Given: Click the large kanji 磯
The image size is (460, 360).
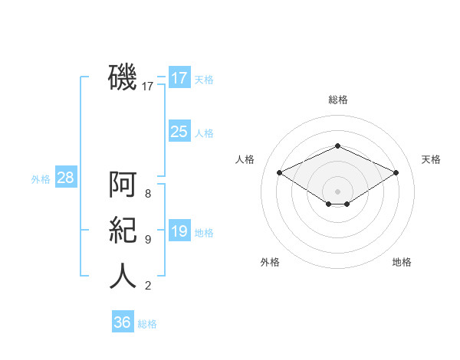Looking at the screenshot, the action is pyautogui.click(x=123, y=77).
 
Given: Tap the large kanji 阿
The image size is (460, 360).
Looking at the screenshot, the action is pyautogui.click(x=123, y=184).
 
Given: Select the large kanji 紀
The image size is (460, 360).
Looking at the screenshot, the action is pyautogui.click(x=123, y=230).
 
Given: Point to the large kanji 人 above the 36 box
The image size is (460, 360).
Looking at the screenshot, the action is pyautogui.click(x=123, y=276).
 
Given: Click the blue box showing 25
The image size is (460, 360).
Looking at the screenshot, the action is pyautogui.click(x=179, y=131).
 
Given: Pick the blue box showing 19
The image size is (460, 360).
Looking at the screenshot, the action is pyautogui.click(x=179, y=230).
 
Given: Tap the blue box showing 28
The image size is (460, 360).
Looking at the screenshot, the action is pyautogui.click(x=66, y=176).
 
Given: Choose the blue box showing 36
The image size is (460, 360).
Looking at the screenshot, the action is pyautogui.click(x=123, y=321).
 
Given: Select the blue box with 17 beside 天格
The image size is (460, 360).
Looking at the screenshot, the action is pyautogui.click(x=179, y=77).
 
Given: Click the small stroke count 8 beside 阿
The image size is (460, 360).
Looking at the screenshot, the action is pyautogui.click(x=148, y=194).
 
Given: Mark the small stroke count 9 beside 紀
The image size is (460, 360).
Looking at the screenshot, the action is pyautogui.click(x=148, y=240).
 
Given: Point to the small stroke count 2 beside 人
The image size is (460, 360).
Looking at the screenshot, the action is pyautogui.click(x=148, y=286).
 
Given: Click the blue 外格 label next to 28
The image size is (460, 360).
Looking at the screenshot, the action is pyautogui.click(x=41, y=179).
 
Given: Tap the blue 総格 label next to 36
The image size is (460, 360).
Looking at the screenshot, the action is pyautogui.click(x=147, y=324).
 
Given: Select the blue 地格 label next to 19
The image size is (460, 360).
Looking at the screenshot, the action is pyautogui.click(x=204, y=233).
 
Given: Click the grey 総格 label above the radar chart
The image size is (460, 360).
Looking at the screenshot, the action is pyautogui.click(x=338, y=100).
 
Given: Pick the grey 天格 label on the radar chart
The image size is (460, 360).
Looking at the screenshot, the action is pyautogui.click(x=431, y=159).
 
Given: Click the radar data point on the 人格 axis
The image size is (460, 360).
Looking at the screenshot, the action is pyautogui.click(x=280, y=172).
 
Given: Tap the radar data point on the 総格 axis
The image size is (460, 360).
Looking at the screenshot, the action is pyautogui.click(x=337, y=146).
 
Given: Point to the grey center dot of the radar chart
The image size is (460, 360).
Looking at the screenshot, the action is pyautogui.click(x=337, y=191).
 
